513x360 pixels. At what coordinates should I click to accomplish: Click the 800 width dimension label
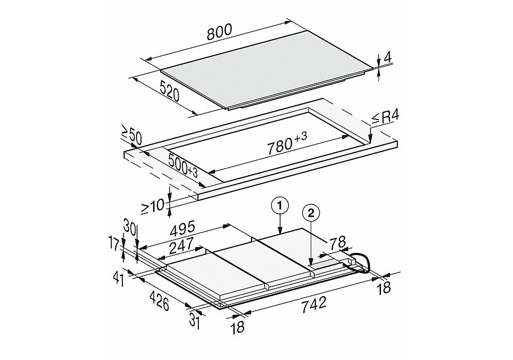219,32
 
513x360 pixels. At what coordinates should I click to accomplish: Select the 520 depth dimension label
170,90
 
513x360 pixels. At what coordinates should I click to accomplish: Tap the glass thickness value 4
388,58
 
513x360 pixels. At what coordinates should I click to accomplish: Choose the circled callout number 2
311,213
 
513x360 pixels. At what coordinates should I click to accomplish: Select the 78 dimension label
337,243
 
